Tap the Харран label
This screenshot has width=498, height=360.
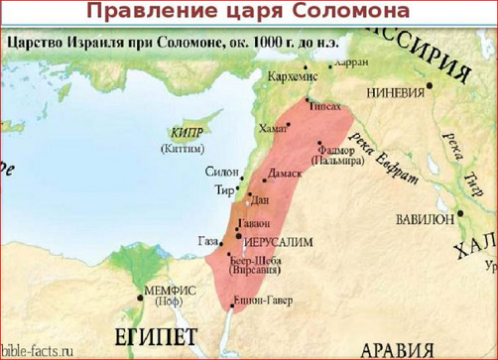352,61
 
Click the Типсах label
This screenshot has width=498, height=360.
326,103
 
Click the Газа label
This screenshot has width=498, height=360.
207,241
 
